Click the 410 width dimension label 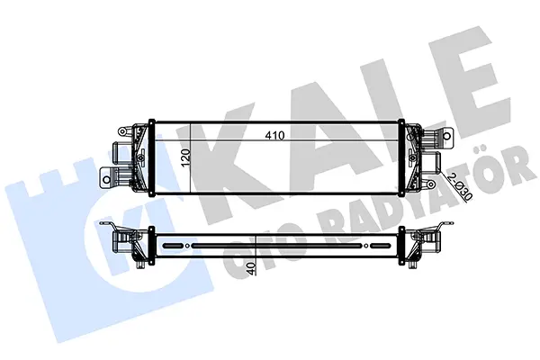[274, 136]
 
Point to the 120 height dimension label [185, 157]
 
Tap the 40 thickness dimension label [252, 268]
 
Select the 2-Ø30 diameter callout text [460, 187]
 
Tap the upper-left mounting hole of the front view [121, 132]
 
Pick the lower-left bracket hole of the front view [107, 179]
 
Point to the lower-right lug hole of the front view [430, 185]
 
